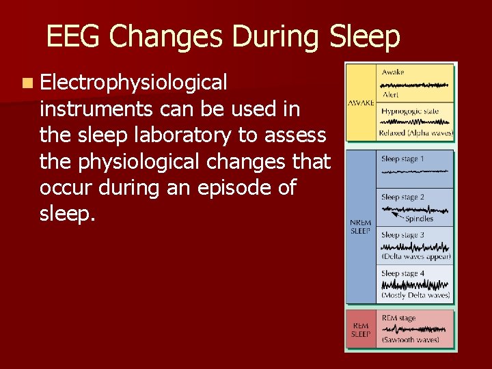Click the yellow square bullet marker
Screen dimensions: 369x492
[26, 83]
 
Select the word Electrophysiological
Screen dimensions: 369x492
[133, 83]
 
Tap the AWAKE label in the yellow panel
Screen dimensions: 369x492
[361, 102]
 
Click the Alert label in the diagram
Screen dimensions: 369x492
[391, 95]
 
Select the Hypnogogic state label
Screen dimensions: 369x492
[410, 111]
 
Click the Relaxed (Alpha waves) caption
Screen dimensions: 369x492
[416, 133]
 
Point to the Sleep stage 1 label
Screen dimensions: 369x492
[402, 159]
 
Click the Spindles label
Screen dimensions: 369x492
[419, 219]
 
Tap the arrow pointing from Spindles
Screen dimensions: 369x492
[395, 214]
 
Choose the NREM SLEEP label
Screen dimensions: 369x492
[360, 228]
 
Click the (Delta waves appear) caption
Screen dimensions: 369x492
[416, 257]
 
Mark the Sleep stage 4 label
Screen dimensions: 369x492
[402, 273]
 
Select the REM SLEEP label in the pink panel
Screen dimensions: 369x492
[360, 330]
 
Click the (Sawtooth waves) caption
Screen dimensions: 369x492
[410, 340]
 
